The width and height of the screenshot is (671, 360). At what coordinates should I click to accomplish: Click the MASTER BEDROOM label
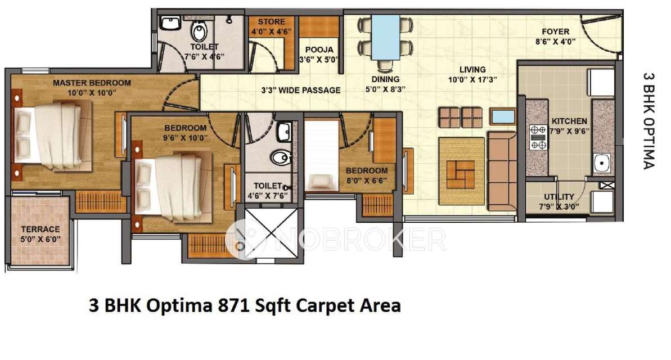pyautogui.click(x=92, y=83)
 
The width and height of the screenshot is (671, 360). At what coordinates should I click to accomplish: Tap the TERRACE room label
pyautogui.click(x=40, y=229)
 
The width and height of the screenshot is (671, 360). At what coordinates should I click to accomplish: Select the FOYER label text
pyautogui.click(x=555, y=31)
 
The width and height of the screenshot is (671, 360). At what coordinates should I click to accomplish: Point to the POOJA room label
pyautogui.click(x=319, y=49)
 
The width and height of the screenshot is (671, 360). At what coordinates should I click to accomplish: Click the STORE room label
pyautogui.click(x=272, y=22)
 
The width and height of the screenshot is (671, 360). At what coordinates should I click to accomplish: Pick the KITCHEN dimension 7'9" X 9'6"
pyautogui.click(x=569, y=130)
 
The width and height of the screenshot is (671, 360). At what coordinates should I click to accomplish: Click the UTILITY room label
pyautogui.click(x=559, y=197)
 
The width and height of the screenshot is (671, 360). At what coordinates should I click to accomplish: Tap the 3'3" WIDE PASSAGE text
pyautogui.click(x=301, y=90)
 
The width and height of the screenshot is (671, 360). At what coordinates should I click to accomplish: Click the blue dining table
pyautogui.click(x=385, y=37)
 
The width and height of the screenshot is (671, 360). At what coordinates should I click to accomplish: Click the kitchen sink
pyautogui.click(x=602, y=165)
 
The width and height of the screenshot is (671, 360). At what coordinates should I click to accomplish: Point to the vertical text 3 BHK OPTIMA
pyautogui.click(x=648, y=119)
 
